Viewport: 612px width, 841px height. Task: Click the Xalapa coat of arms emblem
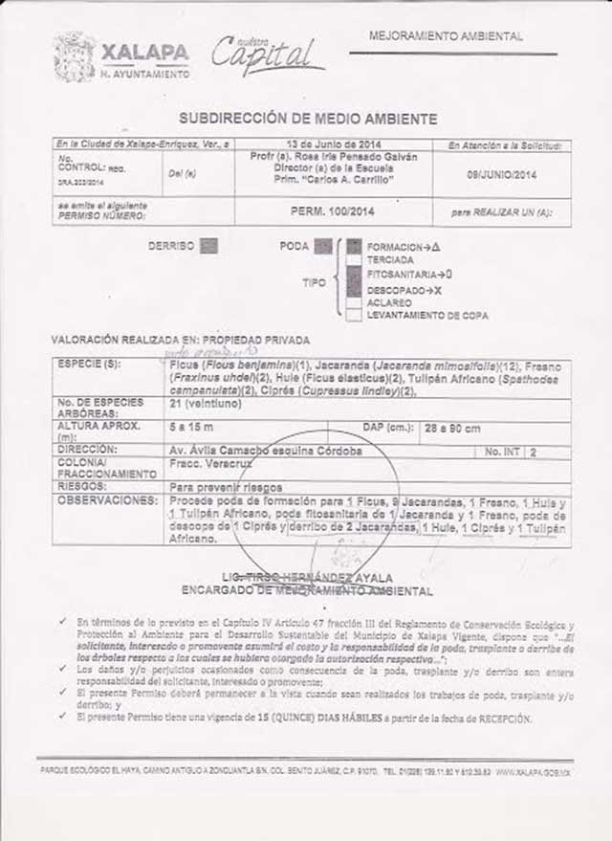[x=74, y=56]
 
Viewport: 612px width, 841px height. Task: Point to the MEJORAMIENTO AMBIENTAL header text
[x=446, y=36]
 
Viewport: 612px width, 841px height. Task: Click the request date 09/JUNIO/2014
[x=502, y=176]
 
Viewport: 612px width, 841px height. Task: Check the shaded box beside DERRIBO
[x=209, y=245]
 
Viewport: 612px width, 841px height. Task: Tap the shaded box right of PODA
[x=323, y=246]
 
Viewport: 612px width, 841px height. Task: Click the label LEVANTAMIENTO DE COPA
[x=427, y=315]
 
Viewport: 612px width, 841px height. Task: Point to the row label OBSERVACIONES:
[x=106, y=500]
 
